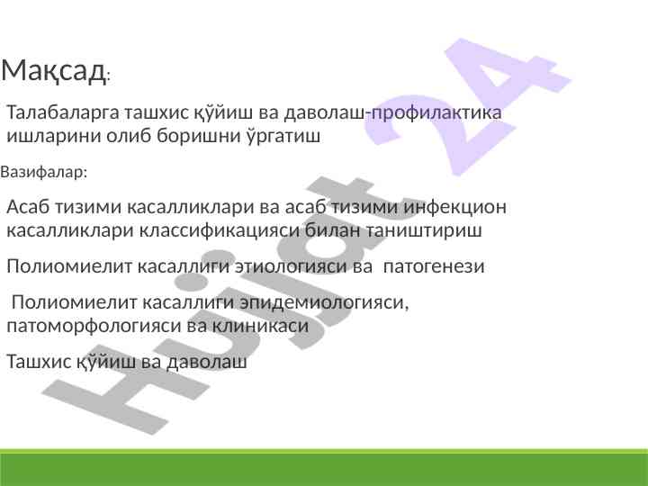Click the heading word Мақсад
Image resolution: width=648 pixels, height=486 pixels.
tap(53, 71)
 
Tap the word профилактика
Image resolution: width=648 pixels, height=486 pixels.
tap(436, 113)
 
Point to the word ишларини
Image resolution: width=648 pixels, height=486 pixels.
tap(54, 136)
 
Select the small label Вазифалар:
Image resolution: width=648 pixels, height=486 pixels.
tap(44, 172)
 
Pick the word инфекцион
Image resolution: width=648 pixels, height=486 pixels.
tap(454, 207)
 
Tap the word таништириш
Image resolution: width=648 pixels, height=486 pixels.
tap(424, 230)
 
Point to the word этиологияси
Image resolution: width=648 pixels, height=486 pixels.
tap(291, 266)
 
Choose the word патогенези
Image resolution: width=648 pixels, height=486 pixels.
tap(434, 266)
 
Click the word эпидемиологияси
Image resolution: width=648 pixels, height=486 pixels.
tap(324, 302)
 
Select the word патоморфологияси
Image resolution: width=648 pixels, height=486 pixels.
tap(94, 326)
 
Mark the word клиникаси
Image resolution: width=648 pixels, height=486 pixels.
tap(261, 326)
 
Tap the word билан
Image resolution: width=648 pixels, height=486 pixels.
tap(333, 230)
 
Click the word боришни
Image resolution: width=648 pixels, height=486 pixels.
tap(199, 136)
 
